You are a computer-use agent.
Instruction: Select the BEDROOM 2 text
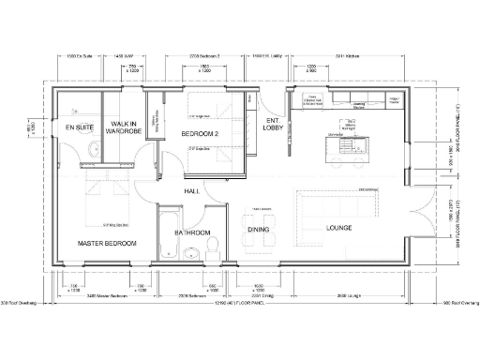click(200, 134)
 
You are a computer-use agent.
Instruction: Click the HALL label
click(192, 191)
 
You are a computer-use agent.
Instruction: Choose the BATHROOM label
click(192, 232)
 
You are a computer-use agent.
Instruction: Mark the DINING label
click(259, 228)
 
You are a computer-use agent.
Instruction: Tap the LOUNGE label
click(338, 228)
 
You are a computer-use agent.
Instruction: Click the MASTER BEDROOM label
click(106, 243)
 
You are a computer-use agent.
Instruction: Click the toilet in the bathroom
click(212, 247)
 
